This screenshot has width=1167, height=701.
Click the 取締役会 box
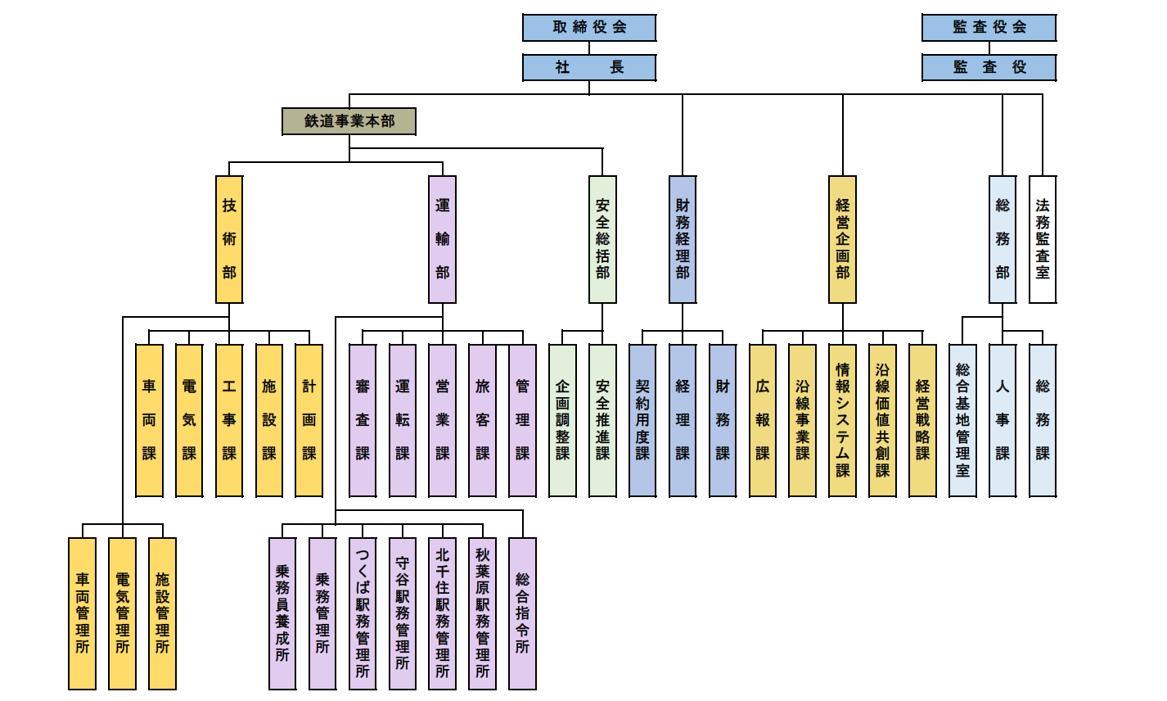(x=589, y=27)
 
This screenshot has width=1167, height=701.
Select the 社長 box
(x=589, y=67)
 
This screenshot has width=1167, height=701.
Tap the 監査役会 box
(x=989, y=27)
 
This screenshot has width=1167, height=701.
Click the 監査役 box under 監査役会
(x=989, y=67)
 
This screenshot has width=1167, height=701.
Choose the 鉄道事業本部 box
(x=349, y=121)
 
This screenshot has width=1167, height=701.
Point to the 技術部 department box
(x=229, y=239)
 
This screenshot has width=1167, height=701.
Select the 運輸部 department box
(x=443, y=239)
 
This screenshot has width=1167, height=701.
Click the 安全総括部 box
(x=603, y=239)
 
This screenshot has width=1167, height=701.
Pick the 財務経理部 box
(x=683, y=239)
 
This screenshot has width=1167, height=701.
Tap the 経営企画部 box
(x=842, y=239)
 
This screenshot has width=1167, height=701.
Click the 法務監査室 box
(x=1043, y=239)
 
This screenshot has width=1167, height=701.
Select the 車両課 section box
(x=149, y=420)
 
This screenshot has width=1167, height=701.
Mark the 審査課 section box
(x=363, y=420)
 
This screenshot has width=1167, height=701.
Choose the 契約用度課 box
(x=642, y=420)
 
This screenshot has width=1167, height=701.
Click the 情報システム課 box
(x=842, y=420)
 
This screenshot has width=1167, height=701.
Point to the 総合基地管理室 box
(x=962, y=420)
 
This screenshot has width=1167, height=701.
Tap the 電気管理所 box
(x=123, y=613)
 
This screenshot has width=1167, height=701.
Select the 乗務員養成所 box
(x=282, y=613)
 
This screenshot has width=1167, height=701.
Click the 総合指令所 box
(x=523, y=613)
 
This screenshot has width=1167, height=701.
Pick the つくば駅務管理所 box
(x=363, y=613)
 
